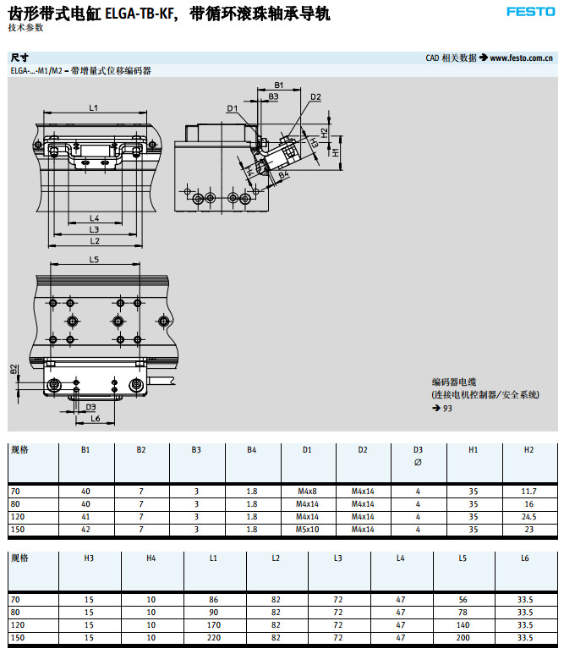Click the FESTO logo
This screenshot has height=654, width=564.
click(530, 11)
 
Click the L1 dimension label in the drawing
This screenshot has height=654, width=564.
click(94, 107)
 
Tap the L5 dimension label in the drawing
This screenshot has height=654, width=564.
click(94, 259)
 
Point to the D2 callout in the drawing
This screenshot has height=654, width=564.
click(315, 97)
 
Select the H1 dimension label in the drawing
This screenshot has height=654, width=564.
click(336, 152)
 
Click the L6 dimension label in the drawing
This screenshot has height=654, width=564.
click(96, 419)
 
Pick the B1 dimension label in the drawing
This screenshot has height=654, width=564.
click(278, 85)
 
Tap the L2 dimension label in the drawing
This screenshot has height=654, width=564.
click(95, 241)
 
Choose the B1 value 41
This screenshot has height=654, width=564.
click(85, 516)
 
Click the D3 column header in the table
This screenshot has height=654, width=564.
click(418, 450)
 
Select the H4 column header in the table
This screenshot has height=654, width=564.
click(151, 558)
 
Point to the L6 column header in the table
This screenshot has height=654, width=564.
click(525, 558)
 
